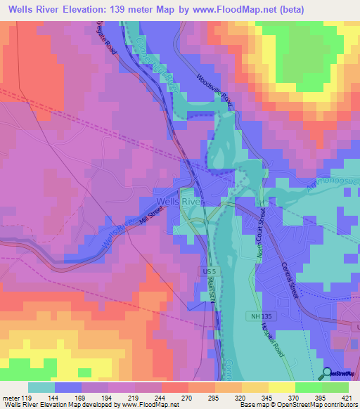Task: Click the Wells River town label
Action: tap(180, 201)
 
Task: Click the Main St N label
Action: tap(211, 291)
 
